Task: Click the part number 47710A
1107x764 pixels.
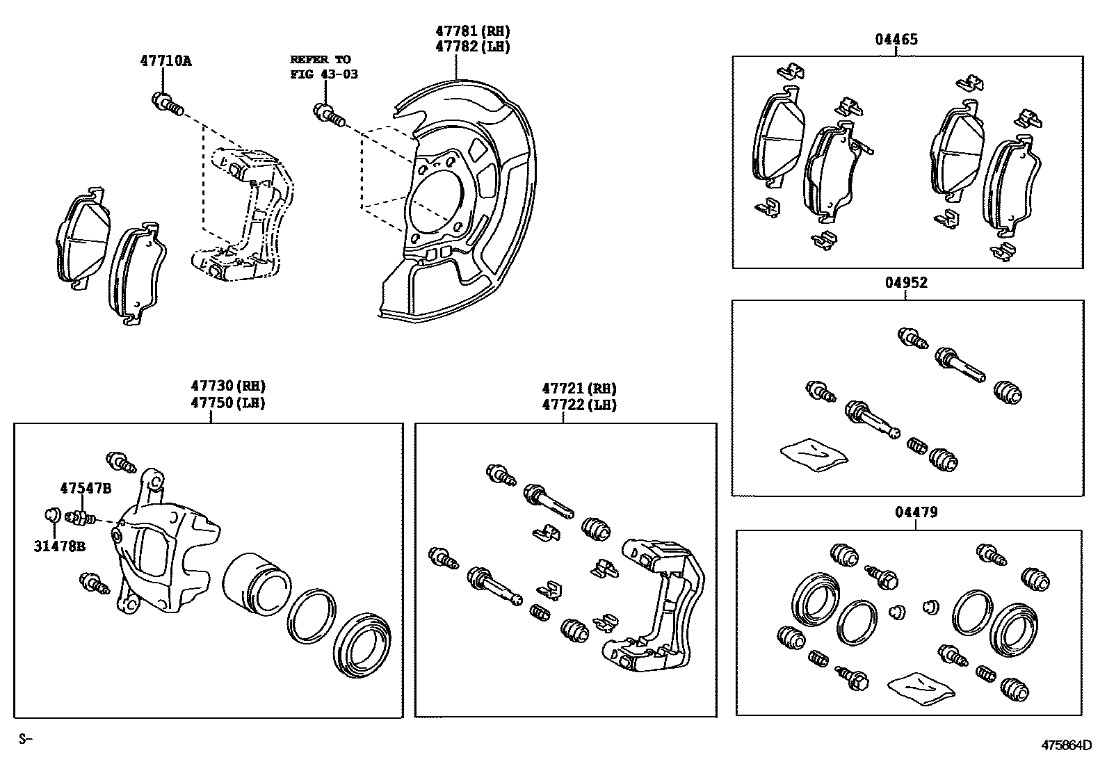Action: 165,60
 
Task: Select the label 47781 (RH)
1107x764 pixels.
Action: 473,31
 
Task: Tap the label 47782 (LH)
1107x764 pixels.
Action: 473,47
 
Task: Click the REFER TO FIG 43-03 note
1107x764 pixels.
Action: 323,67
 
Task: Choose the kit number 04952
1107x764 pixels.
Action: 906,283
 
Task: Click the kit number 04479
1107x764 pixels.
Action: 916,512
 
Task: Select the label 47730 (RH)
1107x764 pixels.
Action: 228,387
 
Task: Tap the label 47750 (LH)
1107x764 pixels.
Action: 228,403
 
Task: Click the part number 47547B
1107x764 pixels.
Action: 85,488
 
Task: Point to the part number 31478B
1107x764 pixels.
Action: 60,546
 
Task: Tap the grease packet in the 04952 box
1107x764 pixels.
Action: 814,454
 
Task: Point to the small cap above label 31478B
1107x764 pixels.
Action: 51,515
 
